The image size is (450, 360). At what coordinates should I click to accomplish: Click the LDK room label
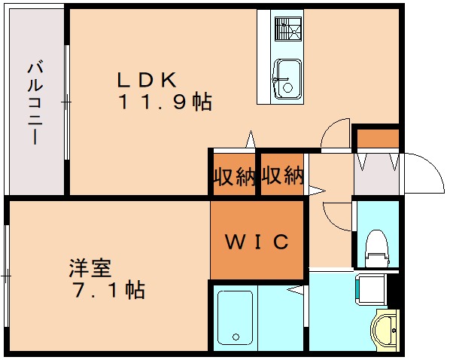(x=146, y=78)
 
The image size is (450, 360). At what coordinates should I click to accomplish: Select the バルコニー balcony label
(x=35, y=102)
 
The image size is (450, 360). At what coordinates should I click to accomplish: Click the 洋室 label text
(x=90, y=267)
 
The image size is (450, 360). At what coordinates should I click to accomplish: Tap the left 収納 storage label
(x=233, y=177)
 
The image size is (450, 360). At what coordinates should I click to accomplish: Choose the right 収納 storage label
(x=282, y=177)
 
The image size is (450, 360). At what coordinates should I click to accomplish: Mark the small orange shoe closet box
(x=377, y=139)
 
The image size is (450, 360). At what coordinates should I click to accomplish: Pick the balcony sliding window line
(x=67, y=102)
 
